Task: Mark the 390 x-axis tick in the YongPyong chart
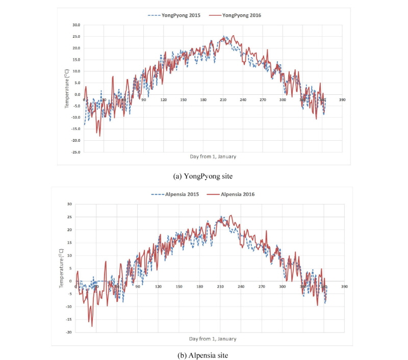(342, 100)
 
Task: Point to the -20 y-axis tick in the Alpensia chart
(70, 332)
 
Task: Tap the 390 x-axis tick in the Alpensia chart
(345, 287)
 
